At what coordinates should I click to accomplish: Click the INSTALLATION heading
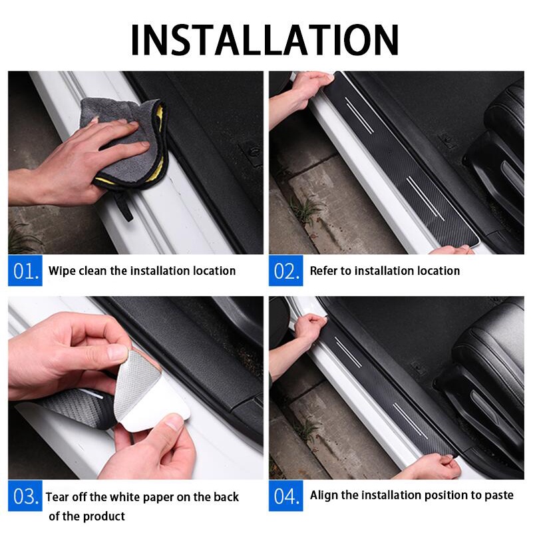click(x=265, y=40)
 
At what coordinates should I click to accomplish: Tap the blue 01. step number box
click(x=25, y=270)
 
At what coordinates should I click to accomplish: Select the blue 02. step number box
click(x=285, y=270)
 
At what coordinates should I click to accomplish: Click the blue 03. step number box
click(x=25, y=496)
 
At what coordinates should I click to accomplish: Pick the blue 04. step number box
click(x=285, y=496)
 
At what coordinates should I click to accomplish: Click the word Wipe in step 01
click(x=62, y=271)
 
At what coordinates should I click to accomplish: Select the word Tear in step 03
click(x=57, y=497)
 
